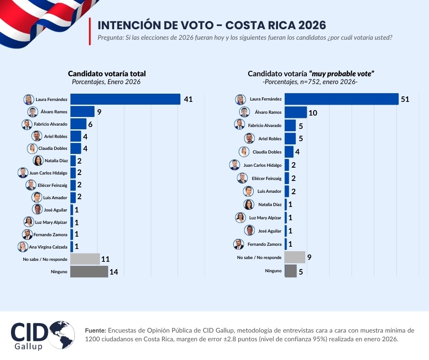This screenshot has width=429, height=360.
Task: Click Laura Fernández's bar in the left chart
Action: pos(126,99)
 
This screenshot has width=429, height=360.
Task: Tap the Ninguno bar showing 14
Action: pos(89,272)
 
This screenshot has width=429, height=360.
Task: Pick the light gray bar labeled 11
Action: pos(85,259)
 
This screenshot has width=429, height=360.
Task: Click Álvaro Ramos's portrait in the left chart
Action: pos(32,112)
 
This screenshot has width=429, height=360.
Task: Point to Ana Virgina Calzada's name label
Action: pos(49,247)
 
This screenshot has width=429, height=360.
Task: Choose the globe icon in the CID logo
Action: pos(63,334)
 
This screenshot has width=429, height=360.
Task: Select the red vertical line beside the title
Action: pos(90,32)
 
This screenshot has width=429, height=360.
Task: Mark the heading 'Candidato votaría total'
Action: pos(107,74)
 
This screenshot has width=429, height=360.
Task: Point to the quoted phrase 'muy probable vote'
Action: pos(342,74)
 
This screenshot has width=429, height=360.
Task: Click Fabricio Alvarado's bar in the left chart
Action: pos(78,124)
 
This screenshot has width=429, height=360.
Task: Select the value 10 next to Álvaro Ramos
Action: pos(312,113)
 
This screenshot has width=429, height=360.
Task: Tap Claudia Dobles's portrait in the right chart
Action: pos(244,152)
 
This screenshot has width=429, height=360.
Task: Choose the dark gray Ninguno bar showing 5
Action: pos(290,271)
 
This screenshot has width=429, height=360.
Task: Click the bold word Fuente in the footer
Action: pos(96,330)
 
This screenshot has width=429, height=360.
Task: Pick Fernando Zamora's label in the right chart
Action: pos(265,244)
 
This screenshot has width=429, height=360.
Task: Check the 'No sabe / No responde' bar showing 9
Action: pos(294,257)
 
